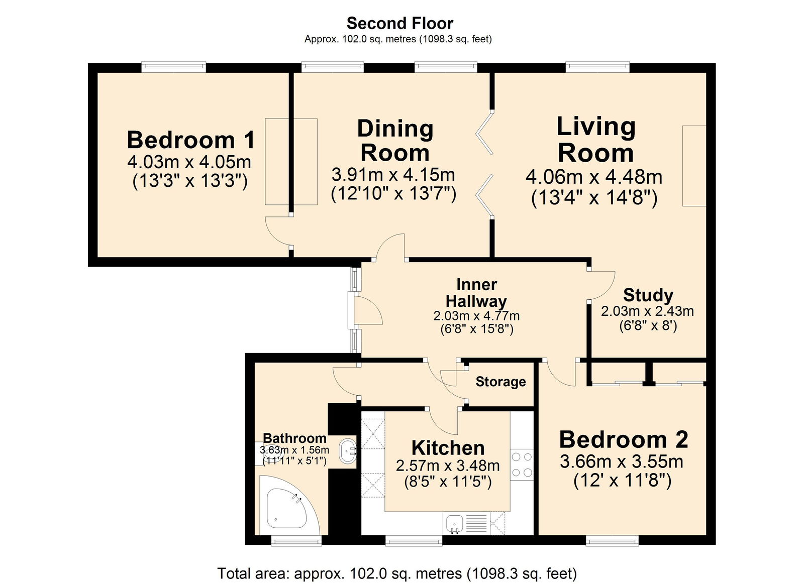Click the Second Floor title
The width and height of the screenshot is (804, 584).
(x=399, y=23)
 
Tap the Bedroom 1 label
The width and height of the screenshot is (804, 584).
(x=190, y=140)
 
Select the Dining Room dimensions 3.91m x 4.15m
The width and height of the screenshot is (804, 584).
(x=393, y=175)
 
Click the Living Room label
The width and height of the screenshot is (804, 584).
(x=595, y=140)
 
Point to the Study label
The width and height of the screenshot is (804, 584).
(x=648, y=295)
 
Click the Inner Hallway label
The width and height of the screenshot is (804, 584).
(x=476, y=293)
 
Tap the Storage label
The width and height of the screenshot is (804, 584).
(x=500, y=382)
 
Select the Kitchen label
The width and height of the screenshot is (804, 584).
(x=448, y=447)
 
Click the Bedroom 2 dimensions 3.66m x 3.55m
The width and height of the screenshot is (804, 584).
(x=622, y=461)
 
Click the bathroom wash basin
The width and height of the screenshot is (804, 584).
(x=347, y=451)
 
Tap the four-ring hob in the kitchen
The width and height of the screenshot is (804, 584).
(x=522, y=464)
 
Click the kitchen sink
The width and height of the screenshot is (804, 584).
(x=454, y=524)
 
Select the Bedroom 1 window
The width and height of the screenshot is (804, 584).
(x=173, y=67)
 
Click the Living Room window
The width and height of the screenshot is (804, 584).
(x=597, y=67)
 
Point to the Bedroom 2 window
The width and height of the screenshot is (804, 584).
(x=612, y=540)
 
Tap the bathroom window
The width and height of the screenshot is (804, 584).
(x=296, y=540)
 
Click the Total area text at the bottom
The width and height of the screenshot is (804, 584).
(x=396, y=573)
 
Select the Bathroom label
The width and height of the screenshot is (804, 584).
(x=294, y=438)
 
